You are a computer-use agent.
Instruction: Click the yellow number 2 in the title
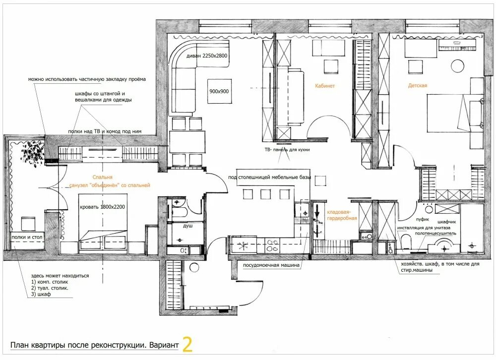(x=187, y=345)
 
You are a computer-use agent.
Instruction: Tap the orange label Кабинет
(x=325, y=86)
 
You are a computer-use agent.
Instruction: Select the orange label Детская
(x=418, y=85)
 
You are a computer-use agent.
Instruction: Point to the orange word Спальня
(x=102, y=177)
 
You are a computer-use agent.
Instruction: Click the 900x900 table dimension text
(x=219, y=91)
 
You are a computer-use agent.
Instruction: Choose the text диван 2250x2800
(x=207, y=56)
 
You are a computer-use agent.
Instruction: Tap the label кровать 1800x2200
(x=102, y=207)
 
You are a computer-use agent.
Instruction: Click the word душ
(x=188, y=226)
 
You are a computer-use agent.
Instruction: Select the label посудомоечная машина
(x=271, y=265)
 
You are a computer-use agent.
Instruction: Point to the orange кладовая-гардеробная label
(x=342, y=215)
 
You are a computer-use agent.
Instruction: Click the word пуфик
(x=422, y=219)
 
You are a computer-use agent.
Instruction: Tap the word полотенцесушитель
(x=435, y=233)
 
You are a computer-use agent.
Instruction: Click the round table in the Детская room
(x=457, y=66)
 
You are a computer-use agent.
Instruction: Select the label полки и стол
(x=27, y=237)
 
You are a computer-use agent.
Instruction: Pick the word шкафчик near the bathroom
(x=447, y=222)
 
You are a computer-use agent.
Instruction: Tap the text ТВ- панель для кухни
(x=287, y=150)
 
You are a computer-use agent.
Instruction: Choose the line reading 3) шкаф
(x=41, y=294)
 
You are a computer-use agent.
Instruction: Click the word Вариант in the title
(x=164, y=345)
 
